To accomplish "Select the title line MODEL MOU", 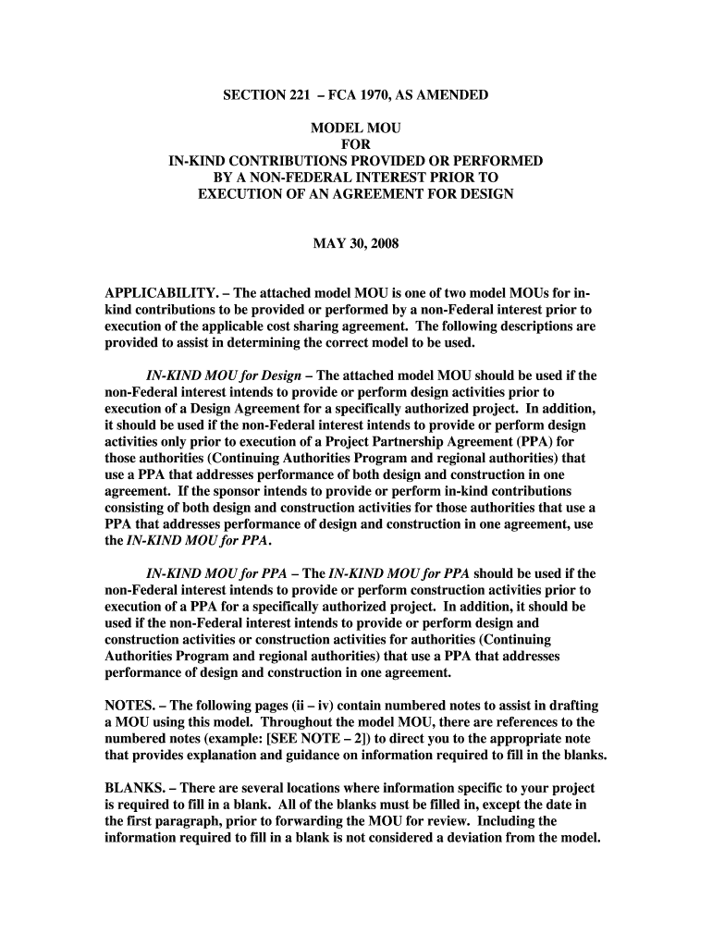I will [355, 129].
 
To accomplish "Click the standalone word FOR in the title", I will [356, 145].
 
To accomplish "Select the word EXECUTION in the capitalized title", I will [238, 195].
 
